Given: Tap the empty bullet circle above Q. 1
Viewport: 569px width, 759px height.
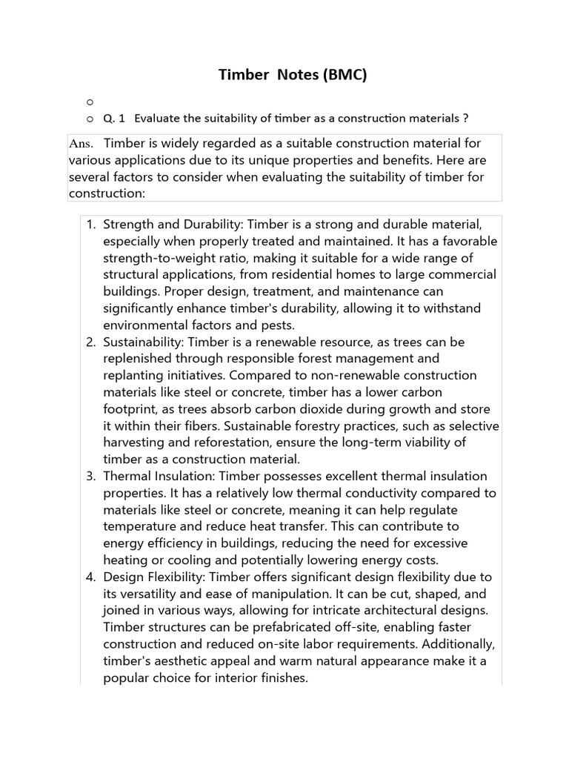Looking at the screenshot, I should pos(90,101).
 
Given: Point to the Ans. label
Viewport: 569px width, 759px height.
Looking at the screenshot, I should pos(81,142).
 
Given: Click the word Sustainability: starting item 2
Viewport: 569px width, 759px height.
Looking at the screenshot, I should pos(144,342).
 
